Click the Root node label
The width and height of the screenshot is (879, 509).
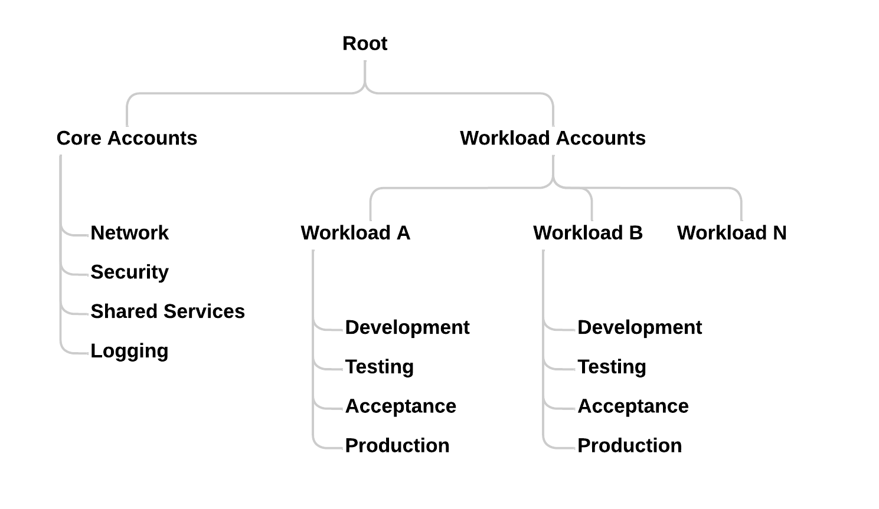click(365, 44)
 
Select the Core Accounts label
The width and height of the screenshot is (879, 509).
click(127, 138)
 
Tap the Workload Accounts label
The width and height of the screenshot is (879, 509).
click(553, 138)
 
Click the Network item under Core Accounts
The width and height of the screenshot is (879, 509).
click(129, 233)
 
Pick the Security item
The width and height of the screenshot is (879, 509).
click(129, 272)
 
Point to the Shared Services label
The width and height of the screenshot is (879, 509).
click(168, 311)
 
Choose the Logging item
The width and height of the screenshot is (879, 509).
click(129, 351)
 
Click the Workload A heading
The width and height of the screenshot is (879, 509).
click(355, 233)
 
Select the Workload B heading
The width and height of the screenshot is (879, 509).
click(587, 233)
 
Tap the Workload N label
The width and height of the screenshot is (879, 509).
click(731, 233)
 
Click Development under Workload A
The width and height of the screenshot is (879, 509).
click(407, 327)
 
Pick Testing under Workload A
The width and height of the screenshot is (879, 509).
click(379, 367)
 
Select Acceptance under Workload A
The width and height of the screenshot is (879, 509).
click(400, 406)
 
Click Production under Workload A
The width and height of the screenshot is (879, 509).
click(397, 445)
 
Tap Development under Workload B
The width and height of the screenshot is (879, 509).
click(639, 327)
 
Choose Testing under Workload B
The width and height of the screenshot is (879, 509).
click(612, 367)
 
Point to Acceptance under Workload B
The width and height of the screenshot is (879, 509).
click(633, 406)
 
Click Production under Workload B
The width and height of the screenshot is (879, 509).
click(629, 445)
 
